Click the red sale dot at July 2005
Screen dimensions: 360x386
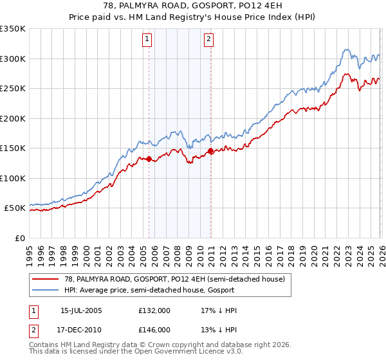pyautogui.click(x=149, y=159)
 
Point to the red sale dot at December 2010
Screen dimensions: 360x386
pyautogui.click(x=210, y=150)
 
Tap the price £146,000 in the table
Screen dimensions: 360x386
pyautogui.click(x=154, y=328)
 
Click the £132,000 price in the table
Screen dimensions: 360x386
pyautogui.click(x=154, y=310)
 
